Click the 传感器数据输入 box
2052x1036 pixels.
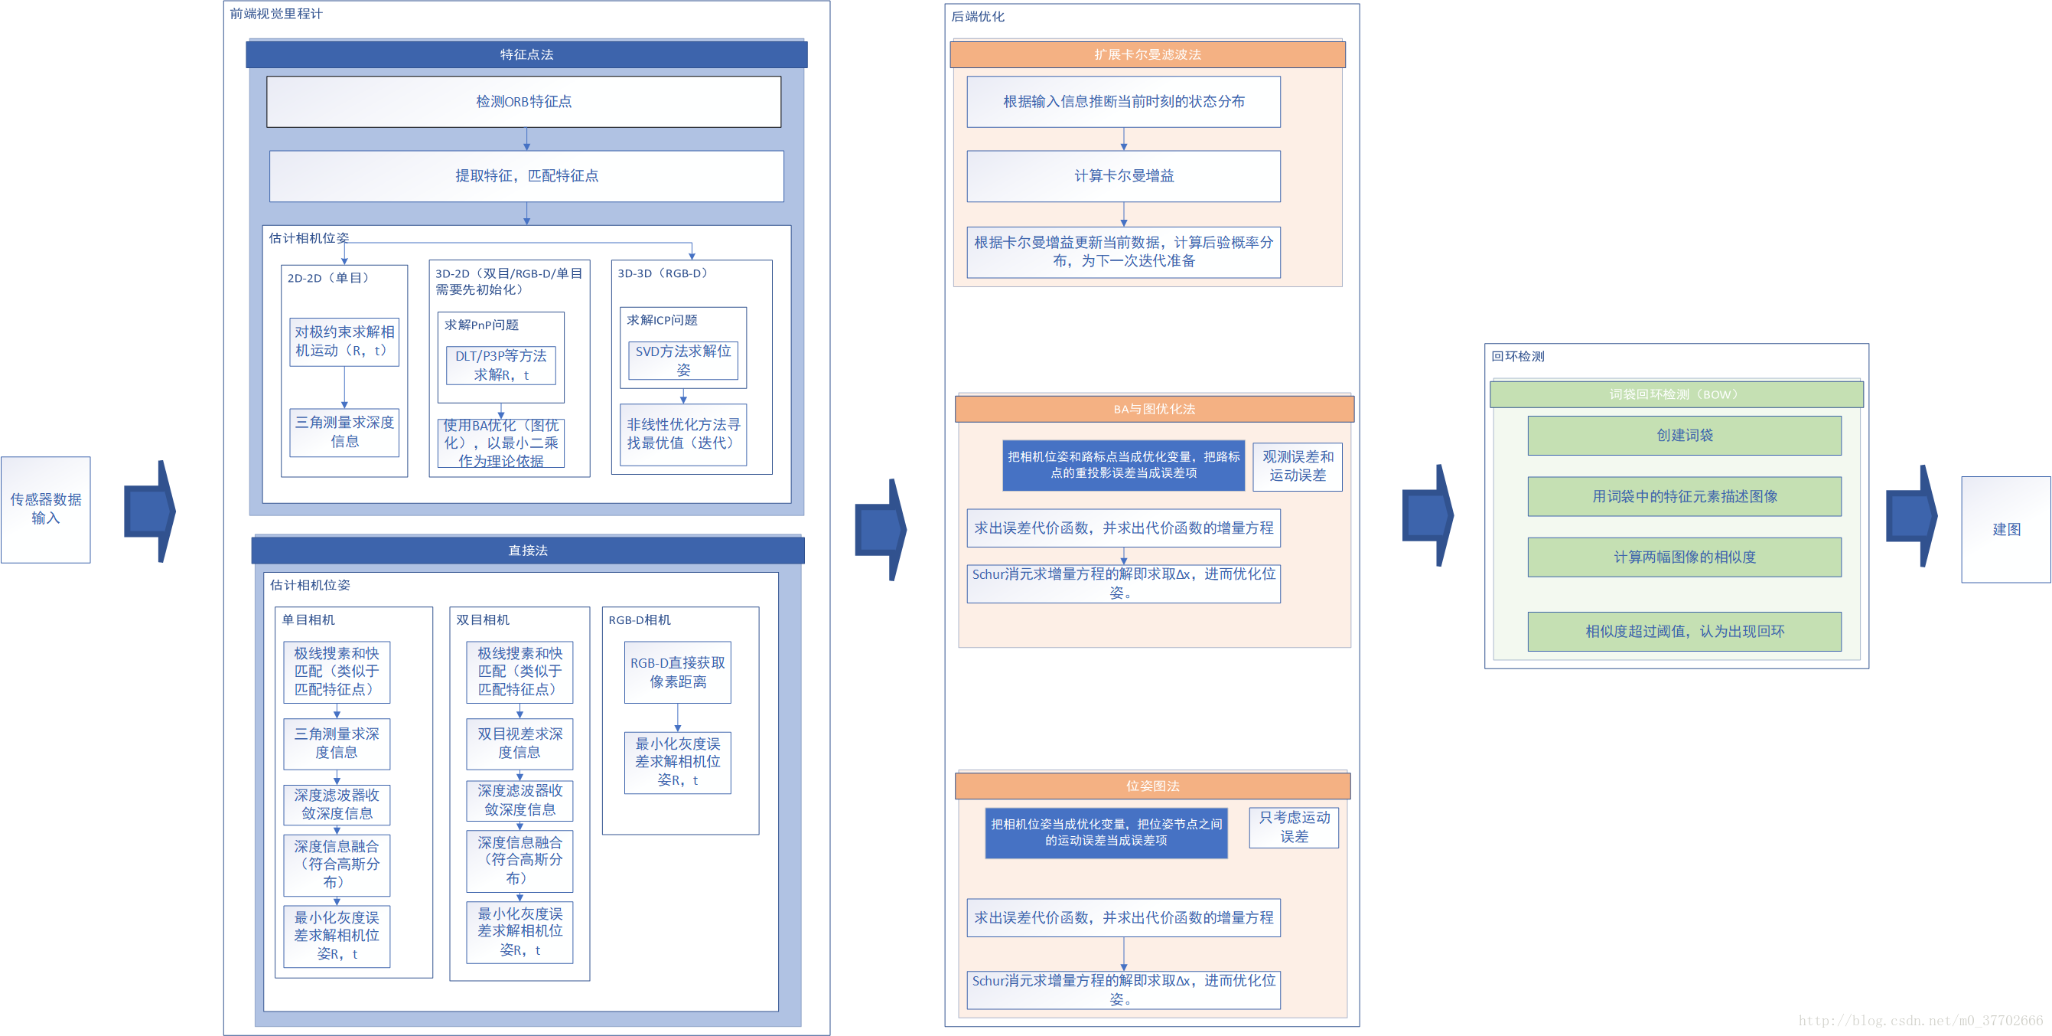pos(45,509)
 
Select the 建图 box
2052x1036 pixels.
pos(2005,529)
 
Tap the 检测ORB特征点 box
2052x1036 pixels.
pos(523,101)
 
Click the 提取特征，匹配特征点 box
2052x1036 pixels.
pos(526,175)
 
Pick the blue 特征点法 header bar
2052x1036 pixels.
pos(526,54)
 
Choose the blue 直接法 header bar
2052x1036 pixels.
pos(527,550)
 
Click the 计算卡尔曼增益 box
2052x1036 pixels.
pos(1123,175)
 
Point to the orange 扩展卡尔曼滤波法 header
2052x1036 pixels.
pos(1147,54)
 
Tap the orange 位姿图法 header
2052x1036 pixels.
pos(1152,786)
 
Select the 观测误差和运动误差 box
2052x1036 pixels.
pos(1297,466)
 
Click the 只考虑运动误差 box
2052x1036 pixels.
pos(1294,826)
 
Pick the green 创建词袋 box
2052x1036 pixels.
pos(1684,435)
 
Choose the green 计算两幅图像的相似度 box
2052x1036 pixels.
pos(1684,557)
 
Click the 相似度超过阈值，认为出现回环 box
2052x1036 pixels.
pos(1684,631)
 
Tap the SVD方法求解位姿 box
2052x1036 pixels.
pos(682,360)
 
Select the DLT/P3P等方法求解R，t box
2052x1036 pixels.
pos(500,365)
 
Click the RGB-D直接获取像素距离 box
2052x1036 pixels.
pos(677,672)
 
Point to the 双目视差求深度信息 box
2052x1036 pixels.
pos(520,743)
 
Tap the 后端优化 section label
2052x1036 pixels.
pos(977,17)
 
